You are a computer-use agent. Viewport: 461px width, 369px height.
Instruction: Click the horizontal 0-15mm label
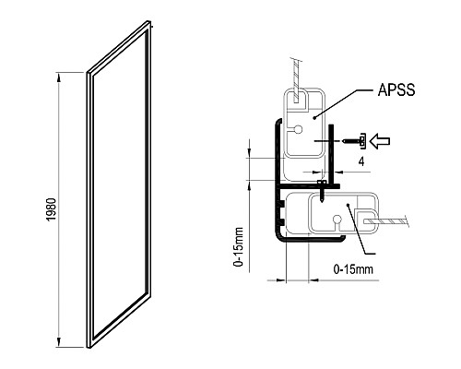pyautogui.click(x=352, y=268)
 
